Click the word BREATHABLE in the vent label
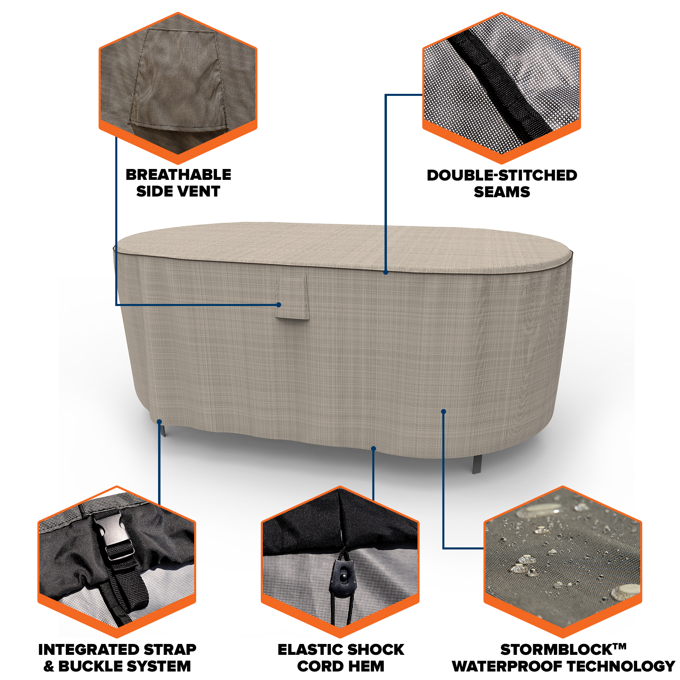[178, 175]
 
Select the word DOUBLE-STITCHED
[502, 175]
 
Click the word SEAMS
[502, 192]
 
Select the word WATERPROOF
[508, 666]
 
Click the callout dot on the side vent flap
[279, 304]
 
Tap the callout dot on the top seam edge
[386, 272]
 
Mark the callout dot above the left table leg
[159, 421]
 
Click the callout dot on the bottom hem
[374, 448]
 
